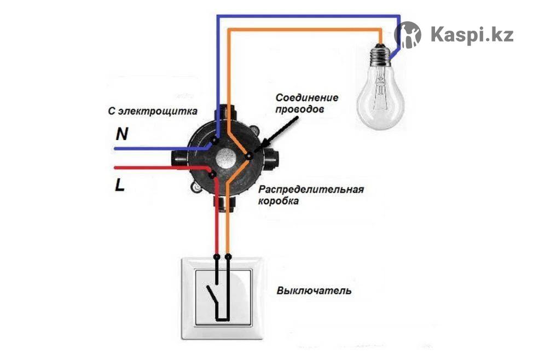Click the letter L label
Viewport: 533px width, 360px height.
tap(120, 185)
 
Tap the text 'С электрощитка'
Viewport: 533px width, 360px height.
tap(152, 112)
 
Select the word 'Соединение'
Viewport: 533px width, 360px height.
tap(306, 98)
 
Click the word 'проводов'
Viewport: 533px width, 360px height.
tap(300, 109)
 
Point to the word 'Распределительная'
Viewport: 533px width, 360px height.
tap(311, 190)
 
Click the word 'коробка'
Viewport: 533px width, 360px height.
tap(279, 201)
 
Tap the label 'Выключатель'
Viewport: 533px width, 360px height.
tap(314, 290)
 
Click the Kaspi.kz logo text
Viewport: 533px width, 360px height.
tap(472, 34)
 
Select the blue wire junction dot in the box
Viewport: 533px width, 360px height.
tap(215, 141)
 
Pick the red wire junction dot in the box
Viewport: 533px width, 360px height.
tap(212, 174)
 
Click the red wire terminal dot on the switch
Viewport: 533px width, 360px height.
tap(217, 256)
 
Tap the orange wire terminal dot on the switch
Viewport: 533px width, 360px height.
tap(228, 256)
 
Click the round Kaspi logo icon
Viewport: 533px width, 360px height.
tap(408, 34)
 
